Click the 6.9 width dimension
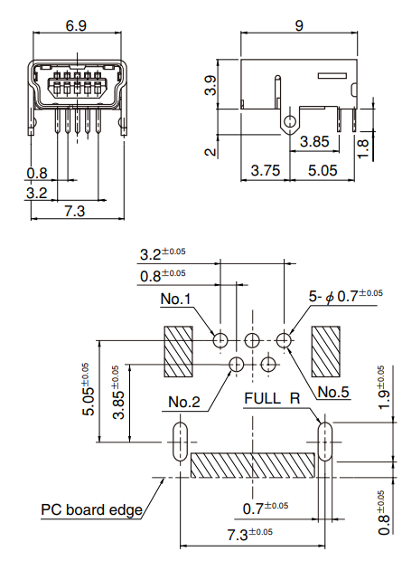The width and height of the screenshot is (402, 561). (x=76, y=25)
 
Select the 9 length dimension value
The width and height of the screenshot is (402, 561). (x=299, y=25)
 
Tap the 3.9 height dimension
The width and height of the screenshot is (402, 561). (x=210, y=85)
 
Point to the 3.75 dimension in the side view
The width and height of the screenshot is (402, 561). (x=266, y=170)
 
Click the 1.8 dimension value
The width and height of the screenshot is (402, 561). (x=362, y=148)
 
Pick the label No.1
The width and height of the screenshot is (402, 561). (x=176, y=299)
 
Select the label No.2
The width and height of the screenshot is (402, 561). (x=184, y=402)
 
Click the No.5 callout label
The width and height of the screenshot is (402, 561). (x=333, y=392)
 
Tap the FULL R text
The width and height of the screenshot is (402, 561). (x=272, y=398)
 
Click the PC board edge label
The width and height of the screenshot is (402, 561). (x=91, y=509)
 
